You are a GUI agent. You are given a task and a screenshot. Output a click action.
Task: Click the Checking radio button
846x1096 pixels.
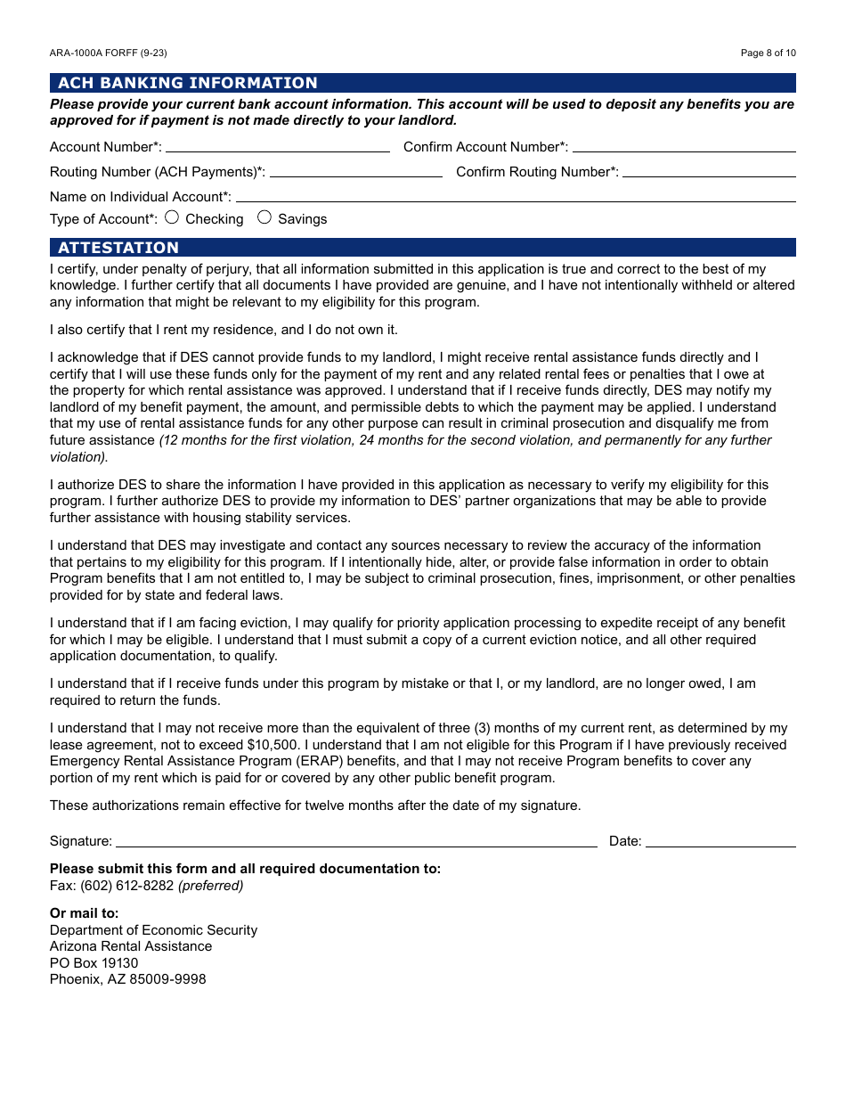click(172, 217)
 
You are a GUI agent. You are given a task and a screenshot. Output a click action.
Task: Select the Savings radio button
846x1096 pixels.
click(264, 217)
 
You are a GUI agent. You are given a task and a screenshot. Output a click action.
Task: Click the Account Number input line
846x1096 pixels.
click(277, 146)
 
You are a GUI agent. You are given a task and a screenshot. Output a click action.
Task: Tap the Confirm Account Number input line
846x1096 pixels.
click(683, 146)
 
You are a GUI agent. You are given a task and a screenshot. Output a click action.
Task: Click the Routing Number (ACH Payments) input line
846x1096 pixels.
click(355, 171)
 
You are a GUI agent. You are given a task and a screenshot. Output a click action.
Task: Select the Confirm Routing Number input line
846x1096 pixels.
click(709, 171)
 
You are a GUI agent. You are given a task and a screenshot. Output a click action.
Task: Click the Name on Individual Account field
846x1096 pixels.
click(515, 196)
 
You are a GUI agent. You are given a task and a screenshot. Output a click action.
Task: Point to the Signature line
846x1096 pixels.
click(356, 840)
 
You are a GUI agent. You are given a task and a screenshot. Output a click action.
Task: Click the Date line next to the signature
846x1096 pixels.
click(720, 840)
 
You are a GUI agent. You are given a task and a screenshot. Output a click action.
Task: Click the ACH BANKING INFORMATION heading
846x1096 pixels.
click(188, 83)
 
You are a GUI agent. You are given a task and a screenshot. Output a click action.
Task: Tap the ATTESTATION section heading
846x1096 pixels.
click(118, 248)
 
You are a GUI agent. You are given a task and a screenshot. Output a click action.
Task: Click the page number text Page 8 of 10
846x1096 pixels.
click(768, 53)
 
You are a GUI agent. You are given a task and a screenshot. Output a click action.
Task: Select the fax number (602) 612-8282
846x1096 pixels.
click(127, 886)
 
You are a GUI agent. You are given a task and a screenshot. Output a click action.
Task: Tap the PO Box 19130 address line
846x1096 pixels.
click(94, 963)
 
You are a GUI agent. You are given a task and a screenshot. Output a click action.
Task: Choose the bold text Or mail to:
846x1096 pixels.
click(84, 913)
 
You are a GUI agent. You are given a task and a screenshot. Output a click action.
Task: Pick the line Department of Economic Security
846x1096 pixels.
click(153, 930)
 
